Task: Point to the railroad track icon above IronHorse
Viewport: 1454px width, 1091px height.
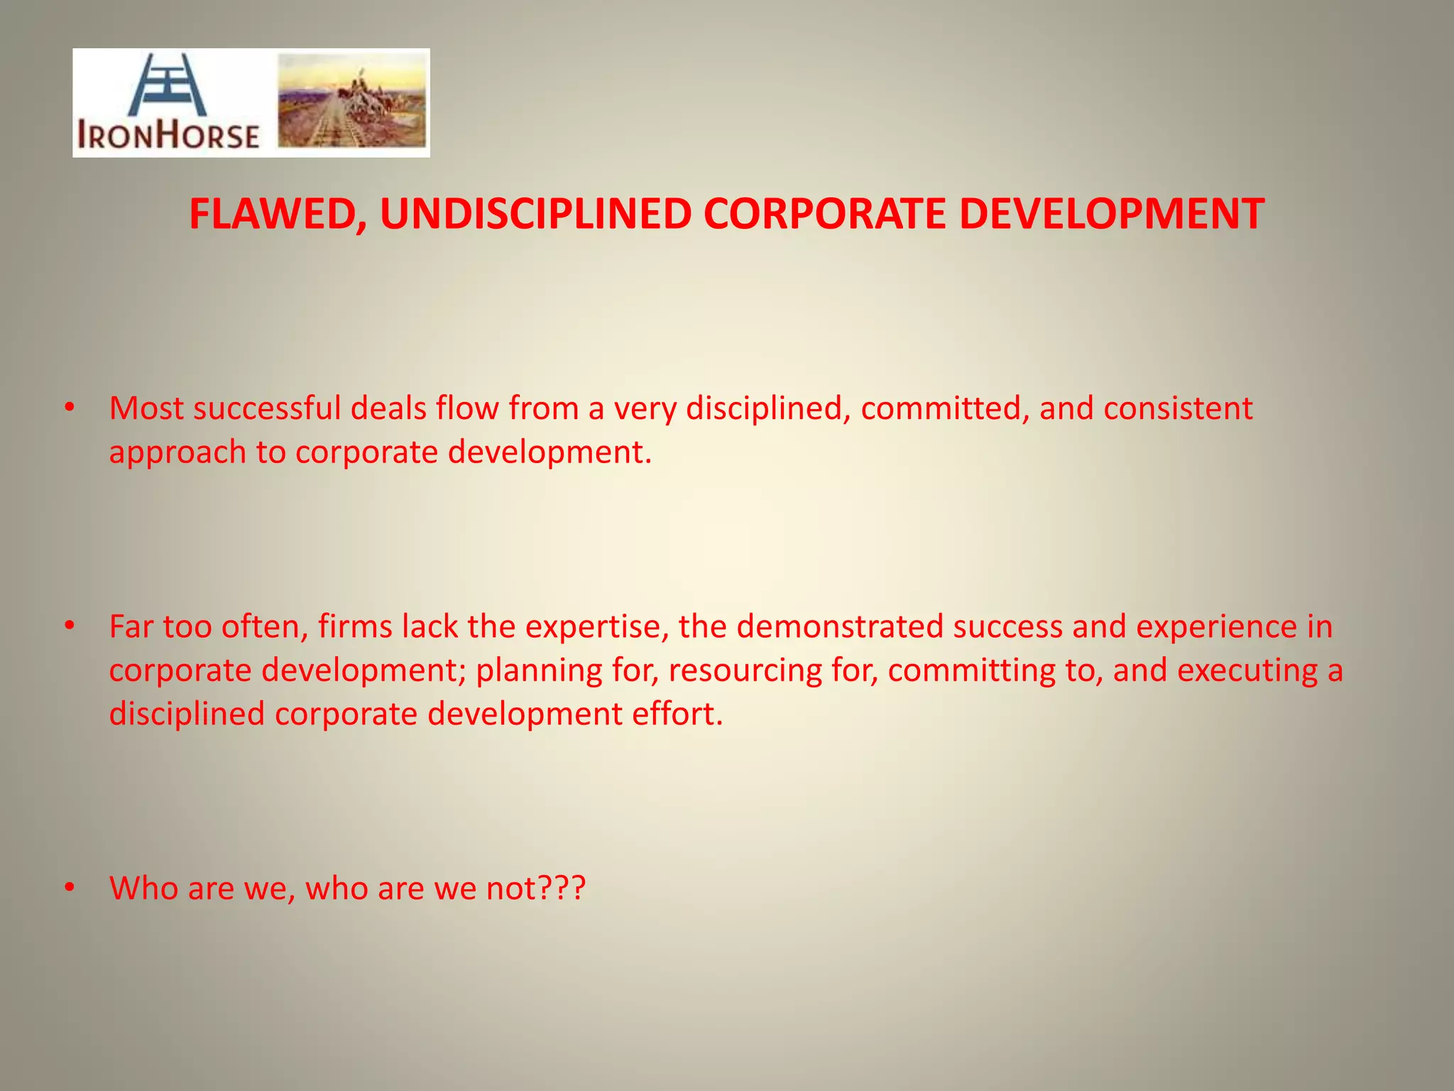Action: pyautogui.click(x=168, y=84)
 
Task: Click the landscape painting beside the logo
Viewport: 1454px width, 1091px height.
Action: pyautogui.click(x=351, y=101)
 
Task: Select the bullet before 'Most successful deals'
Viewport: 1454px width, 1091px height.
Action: pyautogui.click(x=69, y=408)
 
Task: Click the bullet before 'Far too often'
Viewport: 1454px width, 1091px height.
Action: pyautogui.click(x=69, y=626)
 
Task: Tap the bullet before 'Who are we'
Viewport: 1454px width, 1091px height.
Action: pyautogui.click(x=69, y=887)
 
